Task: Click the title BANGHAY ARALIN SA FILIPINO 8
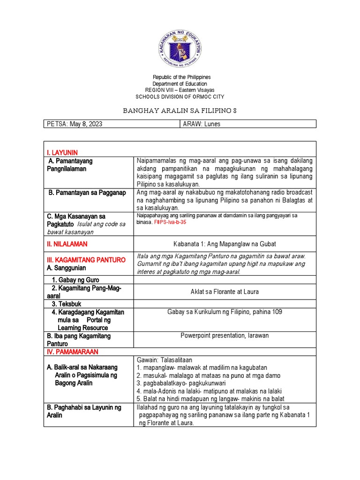[x=180, y=111]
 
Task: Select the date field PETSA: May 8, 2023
[x=75, y=124]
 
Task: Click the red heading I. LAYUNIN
[x=62, y=153]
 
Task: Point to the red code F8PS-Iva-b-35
[x=170, y=223]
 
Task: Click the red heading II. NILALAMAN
[x=67, y=244]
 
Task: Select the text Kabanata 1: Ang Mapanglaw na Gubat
[x=225, y=244]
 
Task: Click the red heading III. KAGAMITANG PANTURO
[x=86, y=260]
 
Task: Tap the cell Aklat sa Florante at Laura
[x=225, y=292]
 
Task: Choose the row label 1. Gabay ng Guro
[x=75, y=280]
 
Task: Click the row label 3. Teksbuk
[x=67, y=304]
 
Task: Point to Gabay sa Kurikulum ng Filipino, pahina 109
[x=225, y=312]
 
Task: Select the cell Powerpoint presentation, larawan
[x=225, y=336]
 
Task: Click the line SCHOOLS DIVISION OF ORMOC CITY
[x=180, y=97]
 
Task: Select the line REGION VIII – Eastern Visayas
[x=180, y=90]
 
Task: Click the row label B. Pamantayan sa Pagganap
[x=87, y=193]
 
